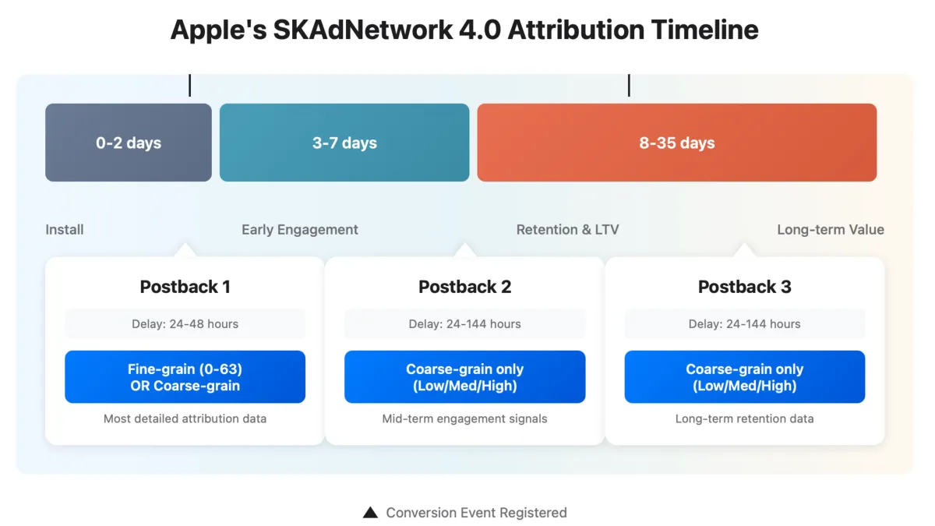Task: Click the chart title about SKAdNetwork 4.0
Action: (x=464, y=30)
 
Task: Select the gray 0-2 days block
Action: (x=129, y=143)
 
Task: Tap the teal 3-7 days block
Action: (x=344, y=143)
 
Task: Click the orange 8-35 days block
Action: (x=676, y=143)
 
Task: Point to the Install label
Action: (x=65, y=229)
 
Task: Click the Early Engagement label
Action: (x=300, y=229)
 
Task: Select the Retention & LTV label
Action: (x=567, y=229)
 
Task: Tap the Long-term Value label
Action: (x=831, y=229)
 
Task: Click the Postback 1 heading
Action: (x=185, y=287)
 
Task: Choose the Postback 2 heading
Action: (x=464, y=287)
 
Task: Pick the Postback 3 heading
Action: (x=744, y=287)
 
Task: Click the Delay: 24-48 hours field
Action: (x=185, y=323)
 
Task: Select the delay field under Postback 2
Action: (x=464, y=323)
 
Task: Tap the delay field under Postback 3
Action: (x=744, y=323)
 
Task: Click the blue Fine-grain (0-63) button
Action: (x=185, y=377)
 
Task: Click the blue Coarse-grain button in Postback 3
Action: (x=744, y=377)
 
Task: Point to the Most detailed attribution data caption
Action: (x=185, y=418)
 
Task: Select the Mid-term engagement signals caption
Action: (x=464, y=418)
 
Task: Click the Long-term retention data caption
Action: (x=744, y=418)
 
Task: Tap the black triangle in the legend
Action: (x=370, y=513)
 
